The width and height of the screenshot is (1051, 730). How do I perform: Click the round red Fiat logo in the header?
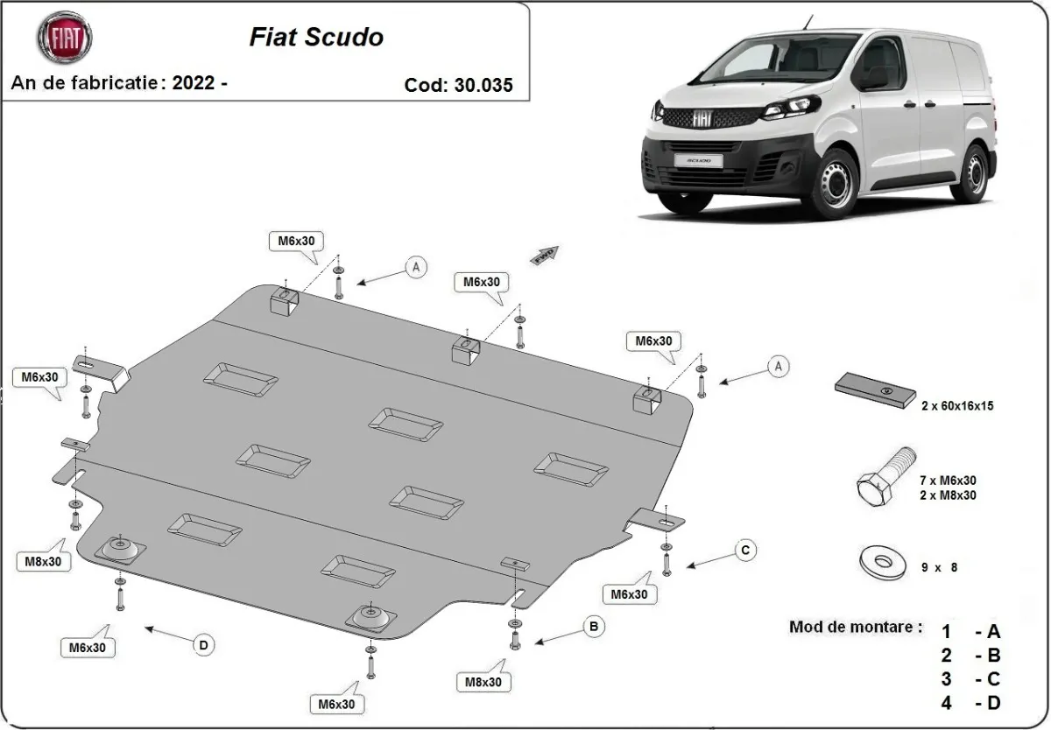click(64, 38)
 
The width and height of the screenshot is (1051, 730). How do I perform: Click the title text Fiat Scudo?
click(316, 38)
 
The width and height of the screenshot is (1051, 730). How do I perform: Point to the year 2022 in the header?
click(194, 83)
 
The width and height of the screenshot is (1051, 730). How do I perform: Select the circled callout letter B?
click(594, 626)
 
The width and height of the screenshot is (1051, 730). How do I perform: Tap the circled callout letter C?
click(744, 550)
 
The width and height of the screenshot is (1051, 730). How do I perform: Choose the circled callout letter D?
click(203, 645)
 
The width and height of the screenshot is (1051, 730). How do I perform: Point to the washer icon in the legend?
click(883, 561)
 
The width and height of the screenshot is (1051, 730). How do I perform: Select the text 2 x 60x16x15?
click(956, 406)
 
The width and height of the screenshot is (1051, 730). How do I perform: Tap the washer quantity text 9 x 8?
click(939, 567)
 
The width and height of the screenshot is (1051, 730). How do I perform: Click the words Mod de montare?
click(855, 627)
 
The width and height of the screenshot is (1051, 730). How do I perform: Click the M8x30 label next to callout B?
click(483, 681)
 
